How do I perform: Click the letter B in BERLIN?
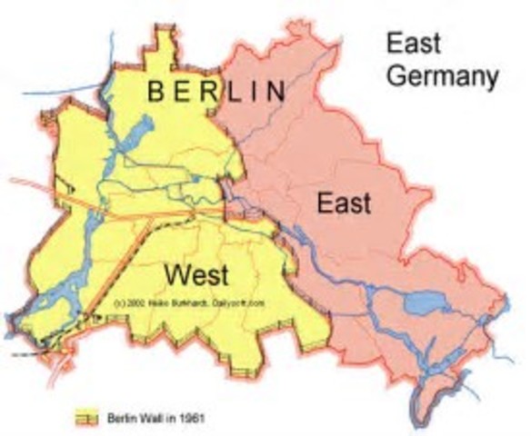tap(155, 90)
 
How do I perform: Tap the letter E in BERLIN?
tap(182, 90)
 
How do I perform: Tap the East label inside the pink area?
tap(344, 203)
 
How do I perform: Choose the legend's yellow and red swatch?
tap(85, 417)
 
